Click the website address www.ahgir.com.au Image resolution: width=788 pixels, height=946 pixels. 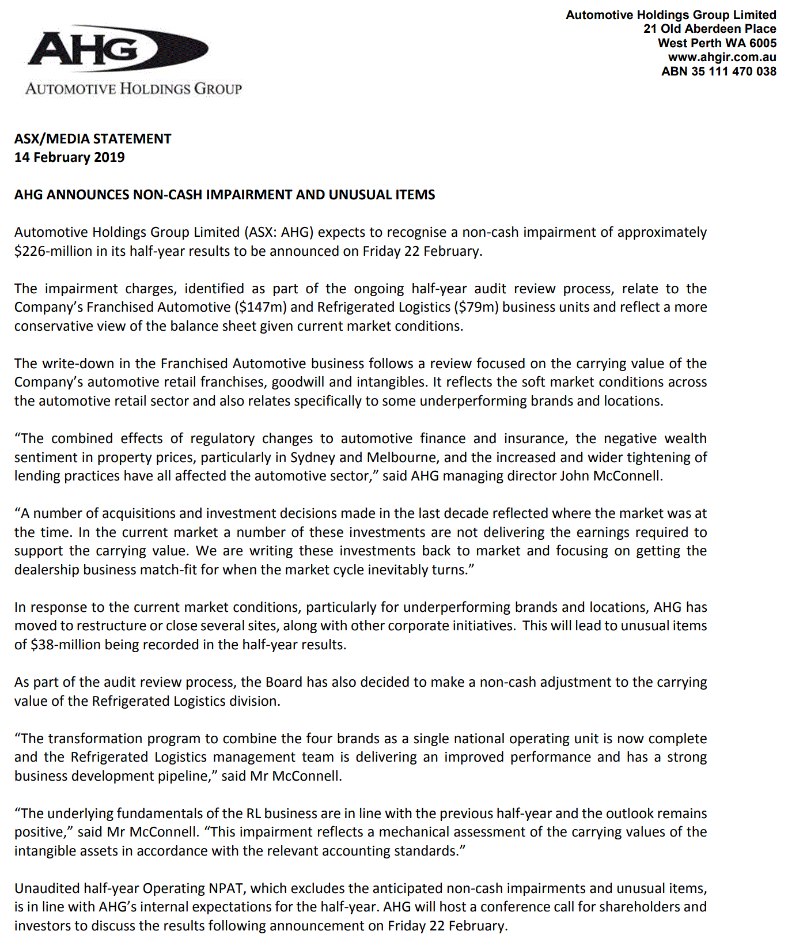[x=722, y=57]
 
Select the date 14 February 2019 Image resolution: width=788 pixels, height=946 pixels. [x=69, y=157]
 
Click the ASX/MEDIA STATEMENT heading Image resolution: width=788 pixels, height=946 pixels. [x=93, y=139]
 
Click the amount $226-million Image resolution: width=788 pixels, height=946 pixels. [x=53, y=251]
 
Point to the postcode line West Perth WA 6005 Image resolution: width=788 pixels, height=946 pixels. [x=717, y=43]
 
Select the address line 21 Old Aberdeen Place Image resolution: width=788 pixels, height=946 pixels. [x=710, y=29]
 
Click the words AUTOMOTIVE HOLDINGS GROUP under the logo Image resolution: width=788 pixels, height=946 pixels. [x=134, y=89]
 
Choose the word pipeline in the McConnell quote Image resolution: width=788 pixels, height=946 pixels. [x=187, y=776]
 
